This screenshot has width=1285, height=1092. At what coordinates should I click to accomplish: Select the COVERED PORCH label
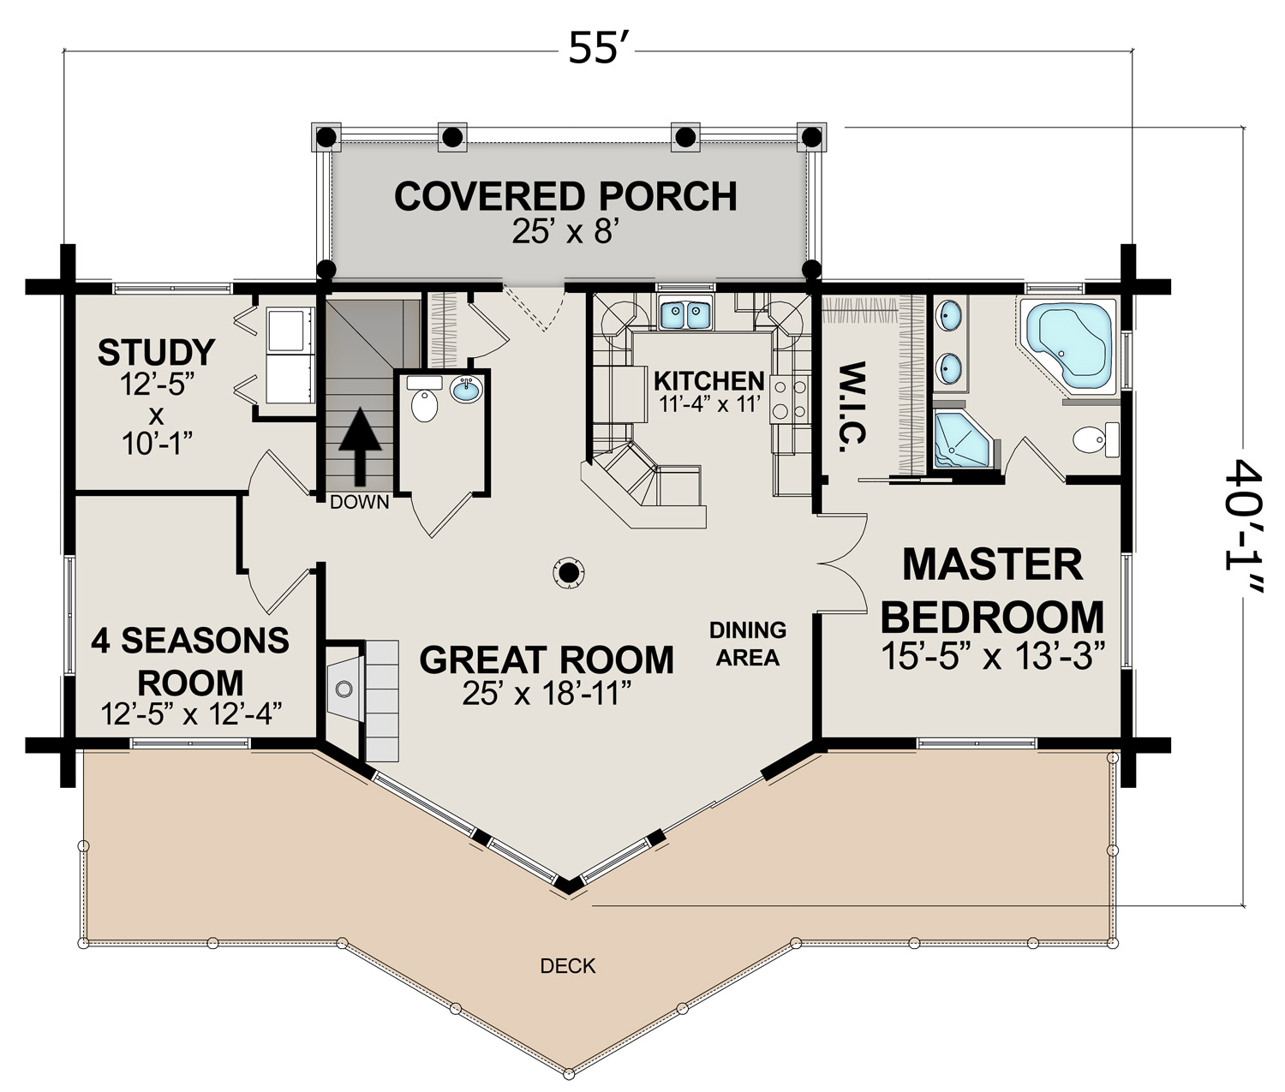[x=565, y=196]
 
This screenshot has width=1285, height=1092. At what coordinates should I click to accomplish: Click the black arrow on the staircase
[x=360, y=446]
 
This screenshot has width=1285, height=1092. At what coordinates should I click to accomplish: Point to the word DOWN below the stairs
[x=359, y=502]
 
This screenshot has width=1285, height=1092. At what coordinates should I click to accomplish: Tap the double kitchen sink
[x=685, y=313]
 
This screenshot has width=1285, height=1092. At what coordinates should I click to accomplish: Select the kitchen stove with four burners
[x=790, y=400]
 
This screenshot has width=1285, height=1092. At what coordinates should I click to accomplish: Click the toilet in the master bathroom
[x=1096, y=439]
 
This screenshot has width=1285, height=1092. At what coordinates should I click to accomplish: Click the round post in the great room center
[x=567, y=572]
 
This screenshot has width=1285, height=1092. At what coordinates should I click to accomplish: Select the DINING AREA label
[x=748, y=644]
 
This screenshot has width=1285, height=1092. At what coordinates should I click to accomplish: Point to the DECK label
[x=568, y=965]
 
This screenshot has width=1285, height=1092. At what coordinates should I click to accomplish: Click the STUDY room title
[x=157, y=352]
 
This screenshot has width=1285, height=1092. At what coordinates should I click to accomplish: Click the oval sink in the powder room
[x=466, y=391]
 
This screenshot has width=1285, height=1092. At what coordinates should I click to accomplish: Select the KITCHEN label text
[x=709, y=380]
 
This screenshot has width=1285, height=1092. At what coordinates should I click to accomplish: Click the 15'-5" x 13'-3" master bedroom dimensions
[x=993, y=656]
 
